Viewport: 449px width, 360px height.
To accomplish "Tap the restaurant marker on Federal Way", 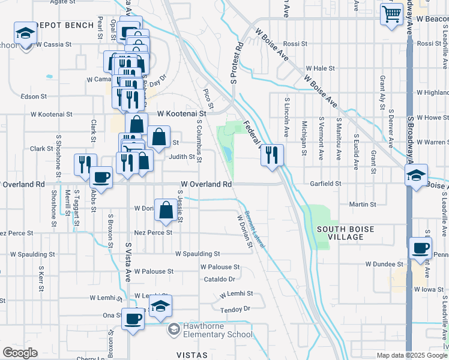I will point(272,155).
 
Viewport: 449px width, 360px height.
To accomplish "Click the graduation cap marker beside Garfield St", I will point(415,176).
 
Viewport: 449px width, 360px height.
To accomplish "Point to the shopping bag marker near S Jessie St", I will point(166,210).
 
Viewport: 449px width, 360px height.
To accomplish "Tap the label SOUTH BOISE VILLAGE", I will point(345,233).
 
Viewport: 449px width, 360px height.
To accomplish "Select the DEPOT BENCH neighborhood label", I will point(65,25).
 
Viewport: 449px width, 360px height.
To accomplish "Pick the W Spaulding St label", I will point(197,254).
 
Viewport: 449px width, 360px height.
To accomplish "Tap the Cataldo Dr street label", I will point(219,278).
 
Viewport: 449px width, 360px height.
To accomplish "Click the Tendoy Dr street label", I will point(235,309).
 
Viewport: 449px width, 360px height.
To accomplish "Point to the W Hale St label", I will point(320,68).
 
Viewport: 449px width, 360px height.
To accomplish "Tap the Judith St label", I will point(182,157).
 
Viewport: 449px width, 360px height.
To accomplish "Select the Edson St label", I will point(34,96).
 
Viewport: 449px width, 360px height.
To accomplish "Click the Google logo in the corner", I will point(20,353).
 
